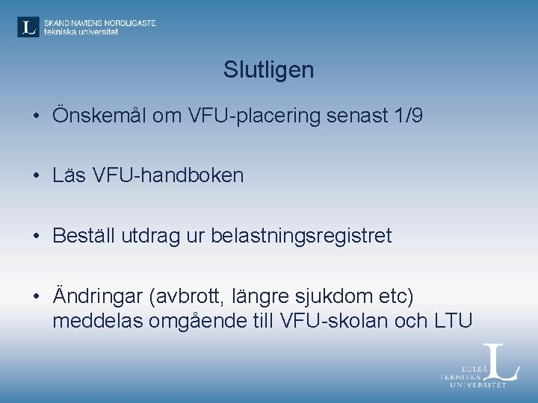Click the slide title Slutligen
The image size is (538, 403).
(x=268, y=71)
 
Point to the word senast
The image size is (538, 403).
(x=353, y=116)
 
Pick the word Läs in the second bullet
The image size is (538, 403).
(x=67, y=176)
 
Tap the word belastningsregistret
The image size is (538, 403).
(x=301, y=236)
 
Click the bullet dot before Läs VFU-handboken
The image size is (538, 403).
(x=36, y=177)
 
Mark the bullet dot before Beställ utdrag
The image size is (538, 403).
(x=36, y=237)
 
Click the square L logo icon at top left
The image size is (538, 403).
(x=28, y=27)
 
